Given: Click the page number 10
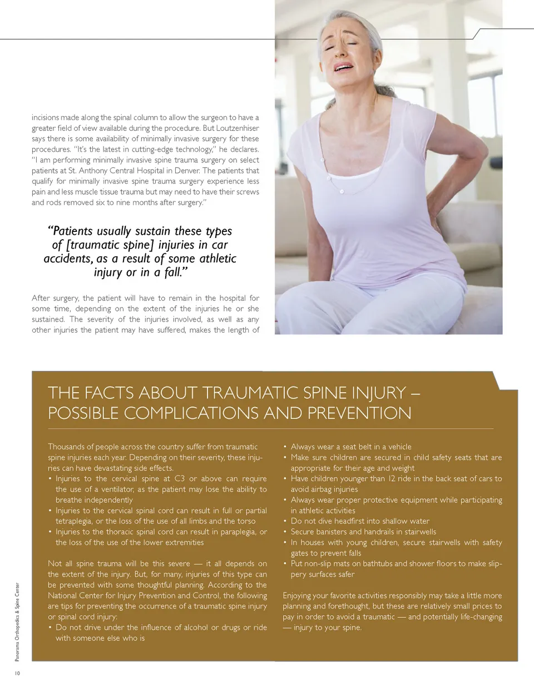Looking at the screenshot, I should pos(17,674).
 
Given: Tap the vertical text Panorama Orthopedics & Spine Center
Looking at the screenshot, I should pos(17,621).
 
